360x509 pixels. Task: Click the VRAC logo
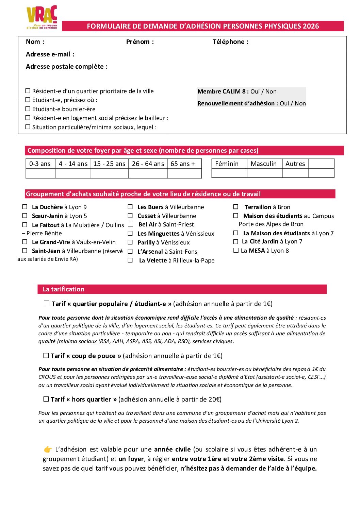tap(42, 17)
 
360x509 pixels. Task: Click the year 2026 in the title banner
tap(311, 26)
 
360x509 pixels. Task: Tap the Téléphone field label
tap(230, 42)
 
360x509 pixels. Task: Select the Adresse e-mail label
tap(50, 54)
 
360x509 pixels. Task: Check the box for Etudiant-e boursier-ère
tap(28, 109)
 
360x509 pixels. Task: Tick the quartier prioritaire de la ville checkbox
tap(28, 91)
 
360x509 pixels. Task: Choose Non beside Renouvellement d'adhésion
tap(300, 103)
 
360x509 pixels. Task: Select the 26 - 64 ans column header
tap(148, 164)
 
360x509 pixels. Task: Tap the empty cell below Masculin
tap(264, 173)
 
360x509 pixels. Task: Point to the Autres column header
tap(295, 164)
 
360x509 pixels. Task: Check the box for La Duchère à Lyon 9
tap(25, 207)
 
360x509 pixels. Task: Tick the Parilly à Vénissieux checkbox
tap(130, 242)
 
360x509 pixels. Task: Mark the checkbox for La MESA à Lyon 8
tap(236, 251)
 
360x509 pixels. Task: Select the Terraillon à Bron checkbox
tap(236, 207)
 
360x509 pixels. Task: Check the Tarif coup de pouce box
tap(46, 356)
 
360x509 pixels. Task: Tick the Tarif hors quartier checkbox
tap(46, 399)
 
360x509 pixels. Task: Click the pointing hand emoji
tap(48, 449)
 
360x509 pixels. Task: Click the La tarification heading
tap(64, 289)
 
